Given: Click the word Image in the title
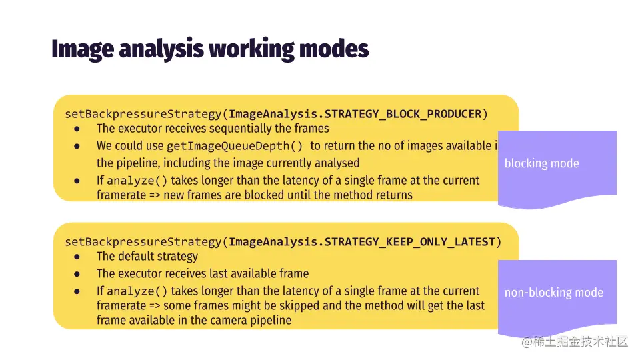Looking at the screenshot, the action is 83,49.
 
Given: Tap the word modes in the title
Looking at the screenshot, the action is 334,49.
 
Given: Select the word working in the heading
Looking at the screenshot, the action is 251,49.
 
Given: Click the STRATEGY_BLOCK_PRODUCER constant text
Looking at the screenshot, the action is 403,114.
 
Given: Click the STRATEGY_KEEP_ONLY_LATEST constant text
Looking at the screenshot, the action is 410,242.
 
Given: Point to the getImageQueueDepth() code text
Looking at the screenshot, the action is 235,146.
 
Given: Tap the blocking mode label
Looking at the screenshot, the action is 541,163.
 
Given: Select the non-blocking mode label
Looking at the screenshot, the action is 554,292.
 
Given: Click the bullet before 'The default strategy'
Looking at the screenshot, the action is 77,257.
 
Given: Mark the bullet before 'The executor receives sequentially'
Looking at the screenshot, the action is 77,129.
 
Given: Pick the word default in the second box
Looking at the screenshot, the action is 138,256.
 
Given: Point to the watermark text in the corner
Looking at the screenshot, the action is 575,341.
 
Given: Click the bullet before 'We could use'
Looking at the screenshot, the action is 77,146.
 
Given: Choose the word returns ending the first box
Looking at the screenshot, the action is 394,195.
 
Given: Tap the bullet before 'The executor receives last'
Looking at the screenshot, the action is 77,274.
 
